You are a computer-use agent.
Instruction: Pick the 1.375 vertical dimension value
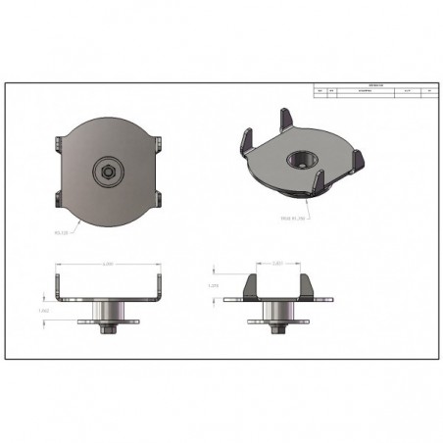[x=214, y=285]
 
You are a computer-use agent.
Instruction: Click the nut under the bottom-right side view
[x=278, y=332]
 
